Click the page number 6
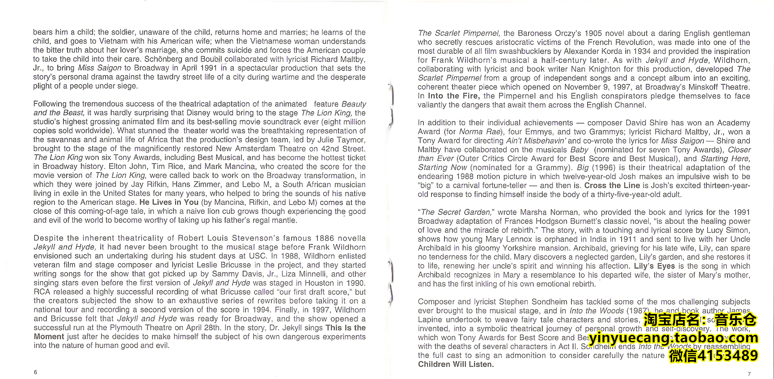[36, 372]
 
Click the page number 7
[749, 374]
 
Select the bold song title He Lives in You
[169, 202]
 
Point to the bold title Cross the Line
[612, 185]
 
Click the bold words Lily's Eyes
[654, 266]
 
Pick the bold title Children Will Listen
[456, 364]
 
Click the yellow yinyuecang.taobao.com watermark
[673, 338]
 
